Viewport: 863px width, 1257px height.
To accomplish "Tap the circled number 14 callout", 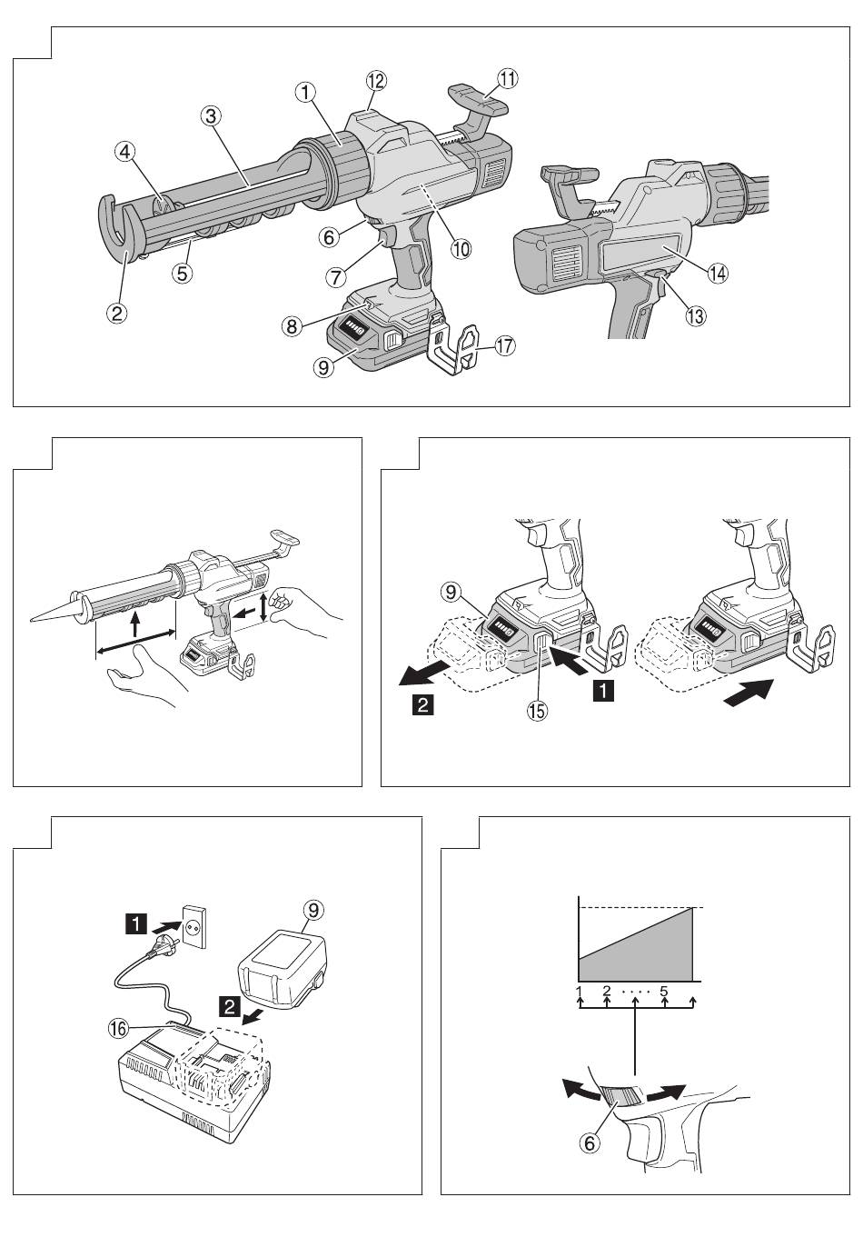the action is coord(718,274).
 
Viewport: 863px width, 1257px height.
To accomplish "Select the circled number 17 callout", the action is coord(505,345).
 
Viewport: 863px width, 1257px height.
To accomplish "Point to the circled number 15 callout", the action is coord(537,711).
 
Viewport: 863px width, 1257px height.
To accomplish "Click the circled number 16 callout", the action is coord(119,1028).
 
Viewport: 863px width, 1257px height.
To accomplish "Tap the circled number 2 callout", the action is coord(116,312).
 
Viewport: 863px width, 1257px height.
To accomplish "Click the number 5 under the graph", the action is coord(664,991).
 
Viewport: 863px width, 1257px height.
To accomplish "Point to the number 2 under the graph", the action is coord(606,991).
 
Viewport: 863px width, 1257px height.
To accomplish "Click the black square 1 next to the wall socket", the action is coord(137,922).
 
